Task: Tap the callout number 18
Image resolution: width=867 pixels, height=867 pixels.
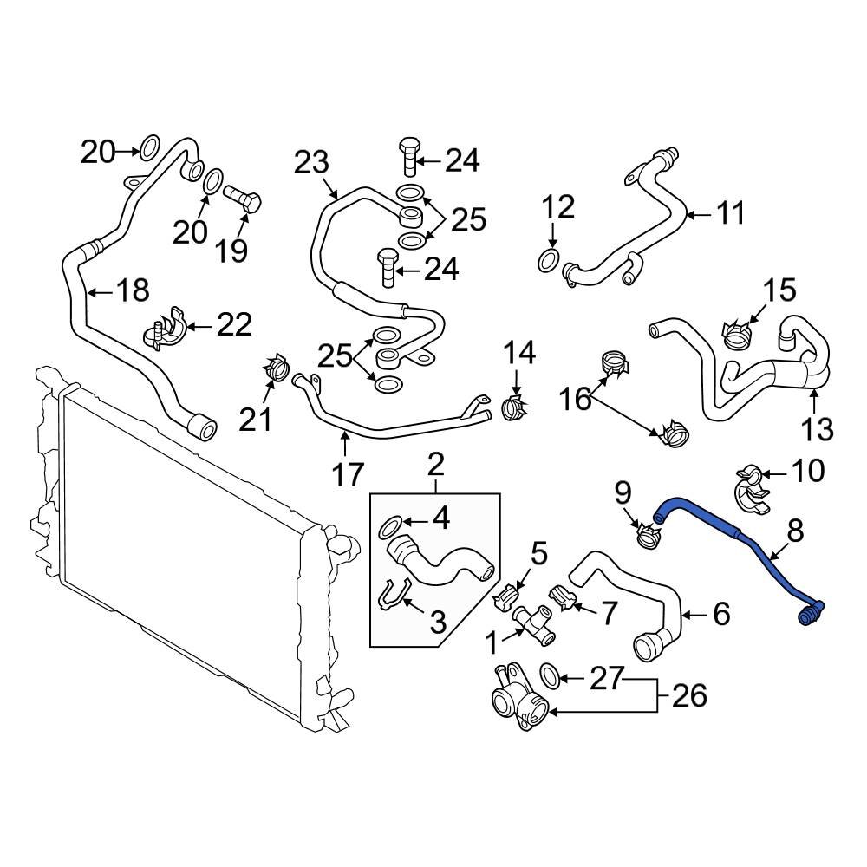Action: [133, 290]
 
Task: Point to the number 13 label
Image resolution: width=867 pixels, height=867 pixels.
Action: [818, 428]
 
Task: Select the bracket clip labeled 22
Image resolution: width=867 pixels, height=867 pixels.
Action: [165, 330]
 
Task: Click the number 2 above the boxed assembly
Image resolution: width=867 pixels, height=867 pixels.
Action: [435, 466]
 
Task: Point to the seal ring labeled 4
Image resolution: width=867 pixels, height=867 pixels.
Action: [392, 525]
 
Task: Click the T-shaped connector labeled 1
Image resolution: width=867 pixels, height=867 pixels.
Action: [533, 623]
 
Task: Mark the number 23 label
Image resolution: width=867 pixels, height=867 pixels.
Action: [312, 162]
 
